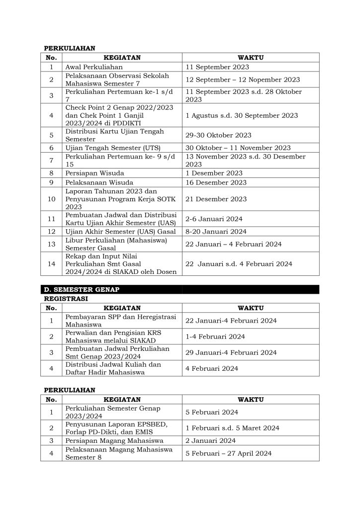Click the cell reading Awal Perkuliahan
pos(94,67)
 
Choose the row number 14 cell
pos(51,264)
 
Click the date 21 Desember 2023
pos(216,199)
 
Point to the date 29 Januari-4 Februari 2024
pos(231,352)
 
